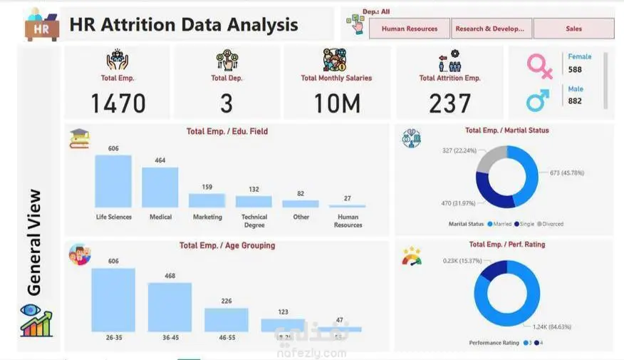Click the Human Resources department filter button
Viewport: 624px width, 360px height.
(x=410, y=29)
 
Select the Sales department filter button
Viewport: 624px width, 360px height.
(x=573, y=29)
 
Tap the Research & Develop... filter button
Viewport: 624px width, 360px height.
(x=491, y=29)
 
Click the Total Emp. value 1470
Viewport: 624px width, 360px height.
(x=118, y=104)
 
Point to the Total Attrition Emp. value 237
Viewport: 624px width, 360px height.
(x=449, y=104)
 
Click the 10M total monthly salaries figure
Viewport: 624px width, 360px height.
(x=336, y=104)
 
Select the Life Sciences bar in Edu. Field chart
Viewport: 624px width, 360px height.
(x=113, y=181)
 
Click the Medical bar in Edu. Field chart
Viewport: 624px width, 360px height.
(x=160, y=187)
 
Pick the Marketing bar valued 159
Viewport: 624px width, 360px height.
(x=207, y=200)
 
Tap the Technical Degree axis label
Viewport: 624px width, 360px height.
(x=254, y=221)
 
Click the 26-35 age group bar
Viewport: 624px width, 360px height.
(x=113, y=299)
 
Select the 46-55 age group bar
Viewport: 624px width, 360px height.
(x=227, y=319)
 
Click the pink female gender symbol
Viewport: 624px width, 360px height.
(x=539, y=66)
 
